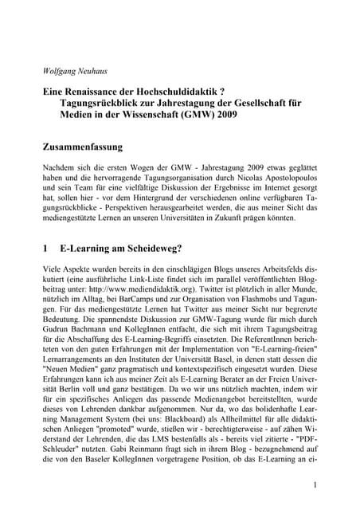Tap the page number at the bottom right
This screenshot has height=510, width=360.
(315, 484)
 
